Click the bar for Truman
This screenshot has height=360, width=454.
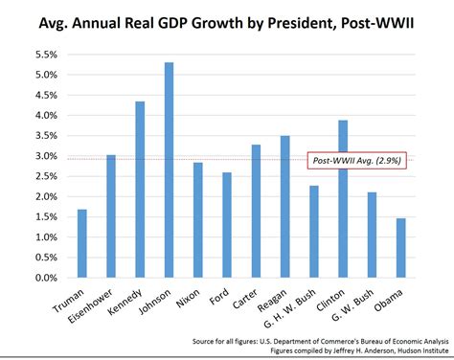tap(82, 243)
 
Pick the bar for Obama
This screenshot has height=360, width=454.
tap(400, 248)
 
